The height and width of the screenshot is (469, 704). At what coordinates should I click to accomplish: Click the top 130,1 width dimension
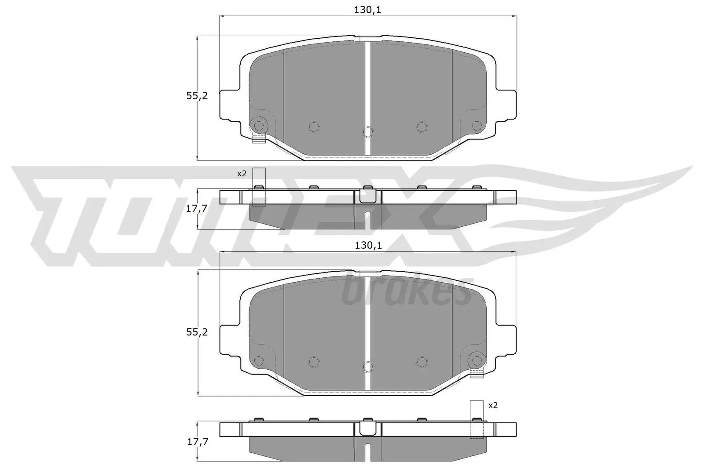pyautogui.click(x=367, y=10)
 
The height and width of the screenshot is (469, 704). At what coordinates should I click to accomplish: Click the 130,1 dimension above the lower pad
pyautogui.click(x=367, y=246)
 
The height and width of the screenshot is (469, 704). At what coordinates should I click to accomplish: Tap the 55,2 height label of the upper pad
pyautogui.click(x=197, y=96)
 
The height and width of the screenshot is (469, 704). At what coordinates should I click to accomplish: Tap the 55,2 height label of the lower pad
pyautogui.click(x=197, y=332)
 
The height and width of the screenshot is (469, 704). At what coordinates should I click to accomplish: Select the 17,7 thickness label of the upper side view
pyautogui.click(x=196, y=209)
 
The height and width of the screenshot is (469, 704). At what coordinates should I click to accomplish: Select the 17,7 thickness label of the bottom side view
pyautogui.click(x=196, y=442)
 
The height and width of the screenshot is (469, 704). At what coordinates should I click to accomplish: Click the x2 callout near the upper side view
pyautogui.click(x=242, y=174)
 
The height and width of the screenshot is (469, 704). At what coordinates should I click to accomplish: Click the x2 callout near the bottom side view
pyautogui.click(x=493, y=405)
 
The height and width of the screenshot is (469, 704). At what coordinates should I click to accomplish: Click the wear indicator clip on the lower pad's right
pyautogui.click(x=477, y=374)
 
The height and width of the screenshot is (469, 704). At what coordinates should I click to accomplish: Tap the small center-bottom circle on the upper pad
pyautogui.click(x=368, y=131)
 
